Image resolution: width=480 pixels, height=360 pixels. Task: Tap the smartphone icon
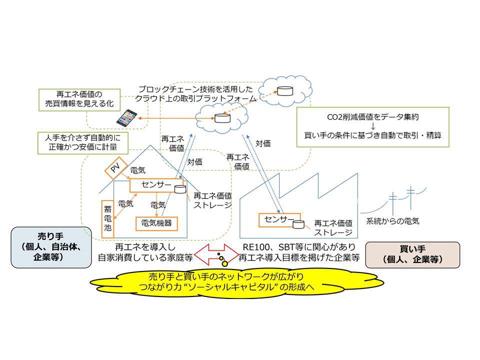pos(126,118)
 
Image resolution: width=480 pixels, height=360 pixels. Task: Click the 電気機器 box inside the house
pos(157,223)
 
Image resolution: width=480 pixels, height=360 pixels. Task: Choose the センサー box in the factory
pos(276,219)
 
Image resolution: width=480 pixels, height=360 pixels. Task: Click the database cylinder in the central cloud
pos(220,118)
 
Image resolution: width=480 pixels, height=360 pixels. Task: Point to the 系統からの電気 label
pos(392,220)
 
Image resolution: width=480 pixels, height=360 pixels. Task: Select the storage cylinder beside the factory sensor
pos(298,223)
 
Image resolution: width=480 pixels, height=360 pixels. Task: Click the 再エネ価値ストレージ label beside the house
pos(212,200)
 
